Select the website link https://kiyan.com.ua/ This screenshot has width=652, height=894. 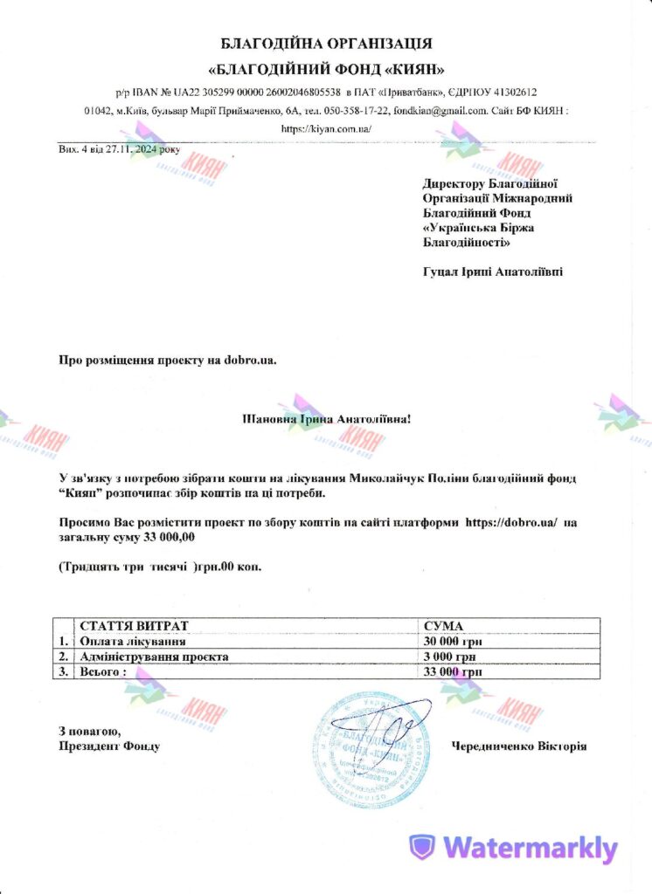pos(326,128)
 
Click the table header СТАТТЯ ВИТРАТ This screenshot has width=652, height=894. pos(133,626)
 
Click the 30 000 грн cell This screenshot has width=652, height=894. pos(453,641)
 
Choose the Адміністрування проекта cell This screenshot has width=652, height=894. pos(154,656)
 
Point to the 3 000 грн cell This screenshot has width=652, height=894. pos(448,656)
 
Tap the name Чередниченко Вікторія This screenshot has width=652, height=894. pos(518,746)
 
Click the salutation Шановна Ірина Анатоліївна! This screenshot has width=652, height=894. pos(325,419)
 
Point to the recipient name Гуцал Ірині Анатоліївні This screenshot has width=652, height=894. pos(493,272)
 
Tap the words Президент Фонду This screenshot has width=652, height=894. pos(109,746)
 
